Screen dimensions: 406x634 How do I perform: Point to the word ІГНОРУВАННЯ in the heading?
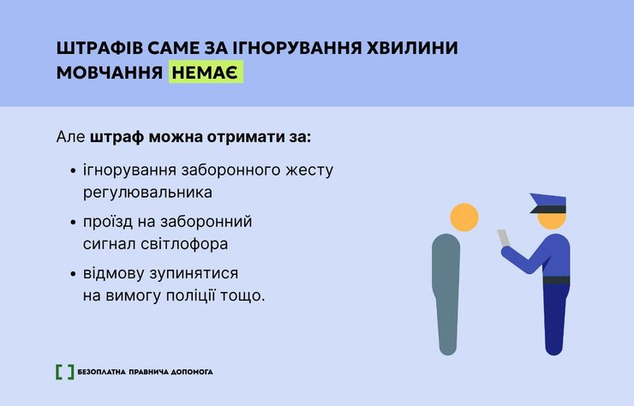click(274, 48)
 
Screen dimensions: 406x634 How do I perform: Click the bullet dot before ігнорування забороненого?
click(73, 171)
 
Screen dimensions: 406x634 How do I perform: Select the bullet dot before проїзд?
click(73, 223)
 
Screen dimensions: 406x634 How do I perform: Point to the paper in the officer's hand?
click(503, 237)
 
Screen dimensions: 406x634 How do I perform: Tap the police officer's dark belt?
click(556, 280)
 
